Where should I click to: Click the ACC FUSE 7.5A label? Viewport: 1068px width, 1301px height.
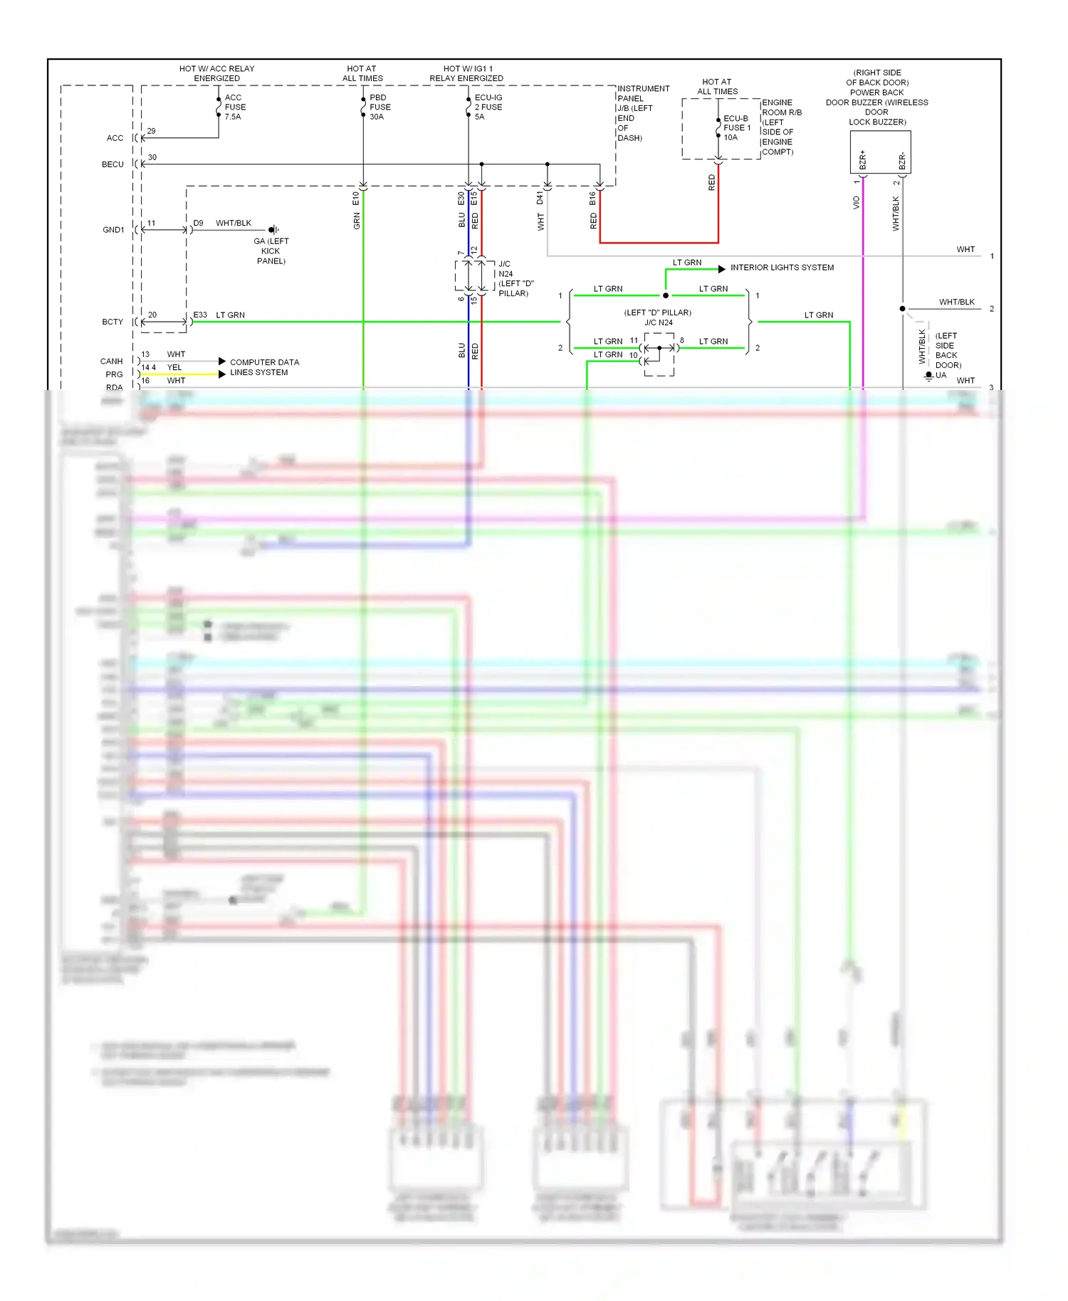coord(235,107)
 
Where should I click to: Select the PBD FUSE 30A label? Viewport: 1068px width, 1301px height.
coord(379,107)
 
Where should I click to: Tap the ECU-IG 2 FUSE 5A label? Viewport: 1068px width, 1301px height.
coord(488,107)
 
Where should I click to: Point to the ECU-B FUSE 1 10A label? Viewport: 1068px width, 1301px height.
coord(737,128)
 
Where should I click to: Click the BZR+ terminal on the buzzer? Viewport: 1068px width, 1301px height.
coord(863,160)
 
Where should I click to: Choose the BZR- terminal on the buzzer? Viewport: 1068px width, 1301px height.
coord(902,161)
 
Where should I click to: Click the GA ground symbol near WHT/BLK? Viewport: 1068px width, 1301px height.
coord(273,230)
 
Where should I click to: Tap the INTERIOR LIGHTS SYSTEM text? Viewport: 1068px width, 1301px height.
coord(782,268)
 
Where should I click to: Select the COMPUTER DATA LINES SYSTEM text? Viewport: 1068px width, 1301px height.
coord(264,367)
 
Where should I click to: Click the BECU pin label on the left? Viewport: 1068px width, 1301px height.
coord(112,164)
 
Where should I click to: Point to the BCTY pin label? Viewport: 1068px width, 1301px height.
coord(112,322)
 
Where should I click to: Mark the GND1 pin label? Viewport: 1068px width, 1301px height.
coord(113,230)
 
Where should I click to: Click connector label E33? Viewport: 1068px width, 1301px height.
coord(200,315)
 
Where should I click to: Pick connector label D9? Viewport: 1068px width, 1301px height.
coord(198,223)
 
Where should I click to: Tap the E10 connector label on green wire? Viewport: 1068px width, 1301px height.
coord(356,199)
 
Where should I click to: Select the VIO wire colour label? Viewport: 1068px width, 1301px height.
coord(857,203)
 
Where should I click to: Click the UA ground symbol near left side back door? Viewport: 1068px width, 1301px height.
coord(928,376)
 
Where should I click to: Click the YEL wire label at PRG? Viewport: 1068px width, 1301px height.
coord(174,368)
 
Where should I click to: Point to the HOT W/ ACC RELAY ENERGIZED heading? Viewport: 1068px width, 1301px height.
coord(216,73)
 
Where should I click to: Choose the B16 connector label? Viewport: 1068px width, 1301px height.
coord(592,199)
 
